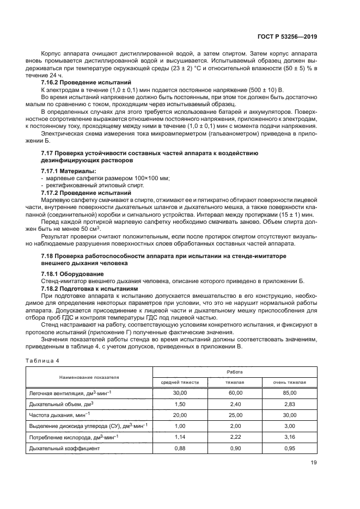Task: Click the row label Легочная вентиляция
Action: (65, 393)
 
